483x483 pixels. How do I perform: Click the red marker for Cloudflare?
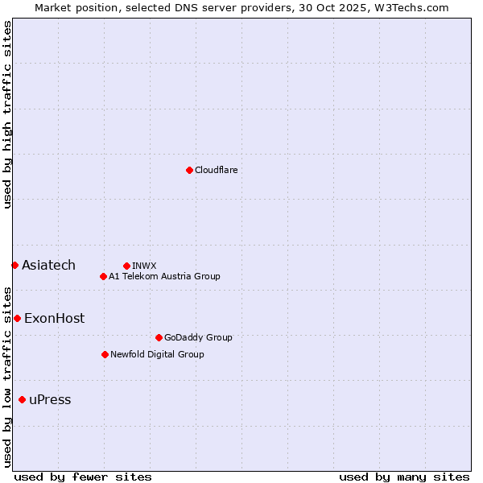(189, 170)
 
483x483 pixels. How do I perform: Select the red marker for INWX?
(126, 266)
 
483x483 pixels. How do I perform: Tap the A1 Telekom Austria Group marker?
(103, 276)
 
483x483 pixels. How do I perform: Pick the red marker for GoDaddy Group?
(159, 337)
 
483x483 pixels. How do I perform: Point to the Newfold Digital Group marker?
(105, 354)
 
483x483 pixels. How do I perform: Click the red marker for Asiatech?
(14, 265)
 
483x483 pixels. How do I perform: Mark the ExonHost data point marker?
(17, 318)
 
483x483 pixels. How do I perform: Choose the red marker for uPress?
(22, 400)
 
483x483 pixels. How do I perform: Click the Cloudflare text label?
(216, 170)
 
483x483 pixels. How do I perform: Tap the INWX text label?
(144, 266)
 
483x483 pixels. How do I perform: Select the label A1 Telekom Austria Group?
(164, 276)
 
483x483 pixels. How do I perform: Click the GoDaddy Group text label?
(198, 337)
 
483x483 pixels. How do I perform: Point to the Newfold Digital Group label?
(157, 354)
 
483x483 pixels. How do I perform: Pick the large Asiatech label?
(48, 265)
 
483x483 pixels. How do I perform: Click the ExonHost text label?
(54, 318)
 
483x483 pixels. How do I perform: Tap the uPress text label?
(50, 400)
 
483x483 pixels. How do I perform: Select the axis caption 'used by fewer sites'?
(83, 477)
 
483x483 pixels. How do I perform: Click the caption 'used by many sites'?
(404, 477)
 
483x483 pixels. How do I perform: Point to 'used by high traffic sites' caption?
(7, 114)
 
